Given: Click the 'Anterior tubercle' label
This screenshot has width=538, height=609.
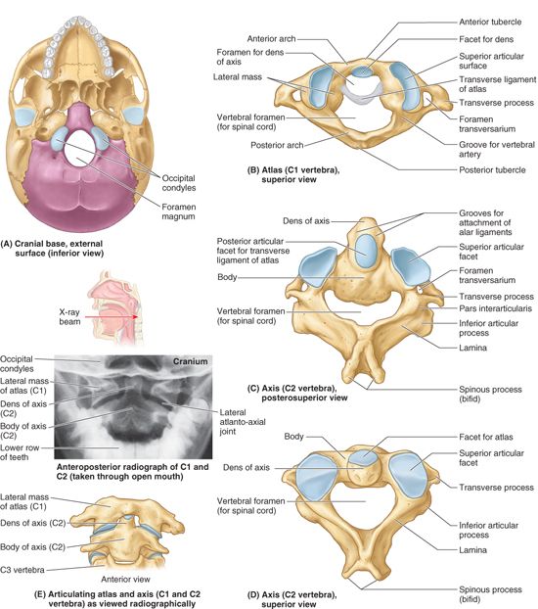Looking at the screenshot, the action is pyautogui.click(x=490, y=22).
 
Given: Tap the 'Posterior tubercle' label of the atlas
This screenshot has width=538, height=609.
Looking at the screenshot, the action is pyautogui.click(x=492, y=169).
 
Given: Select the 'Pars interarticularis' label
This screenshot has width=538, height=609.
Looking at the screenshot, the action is pyautogui.click(x=495, y=308).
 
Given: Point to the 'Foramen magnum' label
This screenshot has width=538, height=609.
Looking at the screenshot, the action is pyautogui.click(x=179, y=211).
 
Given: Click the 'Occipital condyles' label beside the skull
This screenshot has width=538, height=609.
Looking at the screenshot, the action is pyautogui.click(x=179, y=183).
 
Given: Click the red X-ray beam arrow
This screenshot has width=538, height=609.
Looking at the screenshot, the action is pyautogui.click(x=112, y=317).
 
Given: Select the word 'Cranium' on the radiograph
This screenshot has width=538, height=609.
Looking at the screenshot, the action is pyautogui.click(x=190, y=361).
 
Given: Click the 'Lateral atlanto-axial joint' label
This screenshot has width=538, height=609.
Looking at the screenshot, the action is pyautogui.click(x=243, y=421).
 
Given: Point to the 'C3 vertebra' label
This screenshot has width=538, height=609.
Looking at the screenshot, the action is pyautogui.click(x=22, y=570).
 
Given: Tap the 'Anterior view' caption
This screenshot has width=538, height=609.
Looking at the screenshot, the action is pyautogui.click(x=125, y=579).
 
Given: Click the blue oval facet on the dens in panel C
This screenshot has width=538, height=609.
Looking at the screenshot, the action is pyautogui.click(x=366, y=251).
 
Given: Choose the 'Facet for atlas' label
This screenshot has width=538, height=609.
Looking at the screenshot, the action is pyautogui.click(x=485, y=437).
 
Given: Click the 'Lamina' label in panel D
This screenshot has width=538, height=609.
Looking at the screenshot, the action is pyautogui.click(x=472, y=550).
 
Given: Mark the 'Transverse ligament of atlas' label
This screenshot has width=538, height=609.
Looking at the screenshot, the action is pyautogui.click(x=497, y=84).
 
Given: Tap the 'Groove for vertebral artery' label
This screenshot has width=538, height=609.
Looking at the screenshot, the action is pyautogui.click(x=497, y=150).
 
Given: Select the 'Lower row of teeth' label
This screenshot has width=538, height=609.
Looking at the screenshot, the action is pyautogui.click(x=20, y=452).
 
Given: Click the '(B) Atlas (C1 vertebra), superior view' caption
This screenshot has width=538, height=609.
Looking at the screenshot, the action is pyautogui.click(x=293, y=175).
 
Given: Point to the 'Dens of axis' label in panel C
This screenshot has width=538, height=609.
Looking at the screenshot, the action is pyautogui.click(x=306, y=221).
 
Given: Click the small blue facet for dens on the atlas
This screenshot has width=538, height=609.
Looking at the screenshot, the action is pyautogui.click(x=362, y=71).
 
